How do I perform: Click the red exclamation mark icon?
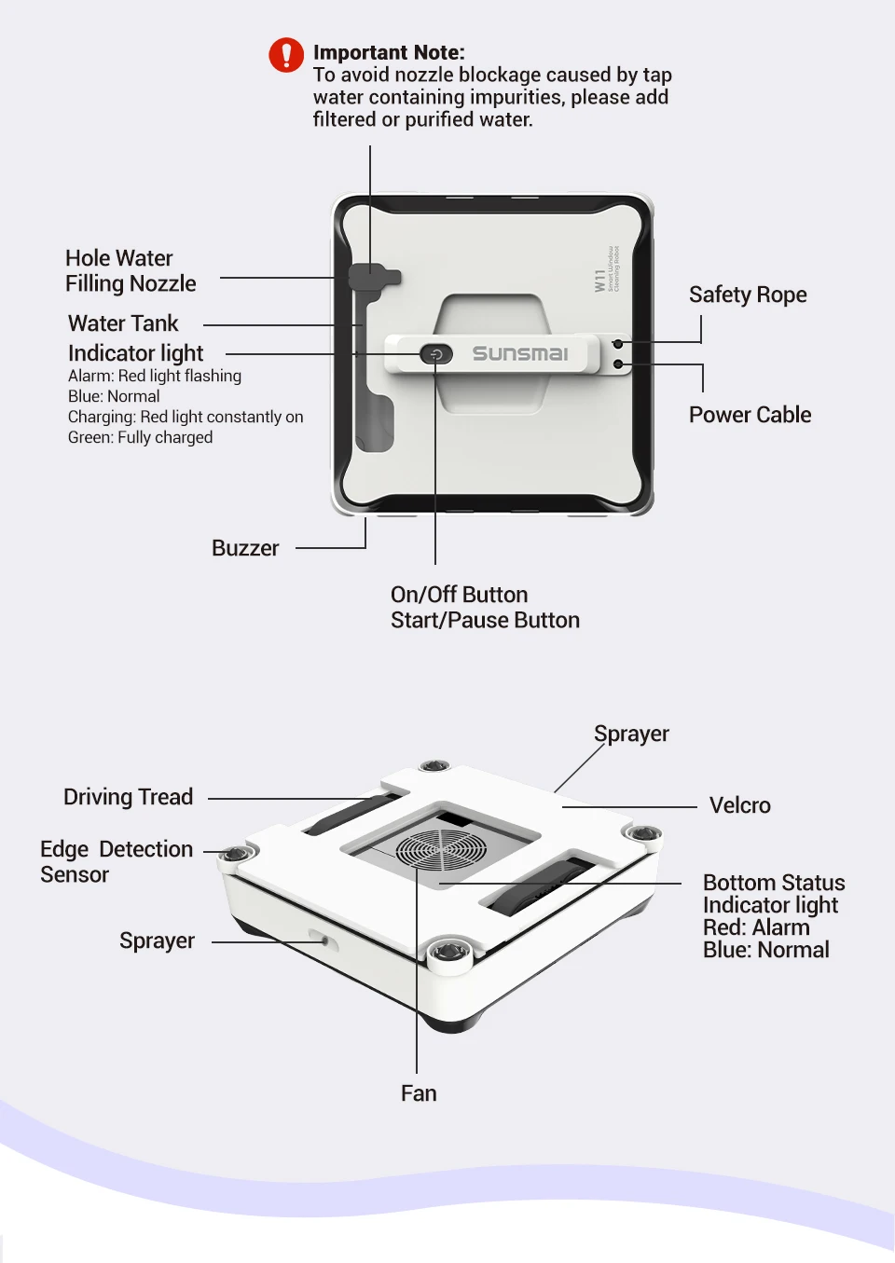coord(286,55)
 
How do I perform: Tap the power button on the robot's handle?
coord(435,354)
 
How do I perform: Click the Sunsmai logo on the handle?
coord(519,353)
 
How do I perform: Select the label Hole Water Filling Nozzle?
coord(131,271)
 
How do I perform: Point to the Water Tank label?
coord(123,323)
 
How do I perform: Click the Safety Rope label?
coord(748,295)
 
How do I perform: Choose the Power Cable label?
coord(750,415)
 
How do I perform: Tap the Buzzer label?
coord(245,548)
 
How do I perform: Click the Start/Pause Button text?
coord(485,621)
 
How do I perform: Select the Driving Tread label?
coord(128,797)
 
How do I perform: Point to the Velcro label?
coord(739,805)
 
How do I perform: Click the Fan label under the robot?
coord(419,1093)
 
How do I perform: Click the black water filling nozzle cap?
coord(372,277)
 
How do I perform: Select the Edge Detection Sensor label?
coord(116,862)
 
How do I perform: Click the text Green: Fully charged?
coord(140,437)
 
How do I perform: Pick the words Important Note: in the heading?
coord(389,53)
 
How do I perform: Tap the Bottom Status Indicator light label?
coord(773,894)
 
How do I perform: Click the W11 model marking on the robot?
coord(600,281)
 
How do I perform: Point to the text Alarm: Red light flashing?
coord(155,376)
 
